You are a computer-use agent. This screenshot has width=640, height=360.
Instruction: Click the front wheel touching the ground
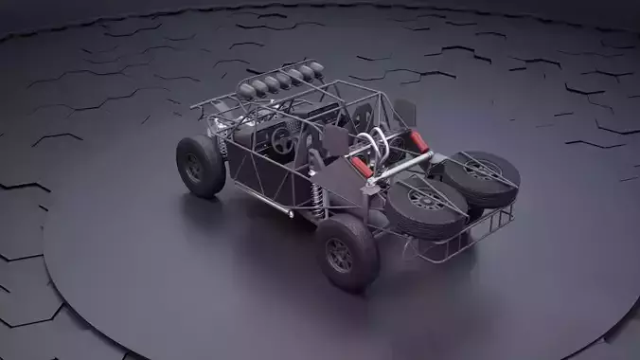(201, 166)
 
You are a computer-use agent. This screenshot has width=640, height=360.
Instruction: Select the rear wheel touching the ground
(347, 252)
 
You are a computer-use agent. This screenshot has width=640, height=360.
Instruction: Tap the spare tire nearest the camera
(428, 206)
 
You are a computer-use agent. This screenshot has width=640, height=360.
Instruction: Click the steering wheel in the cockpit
(282, 141)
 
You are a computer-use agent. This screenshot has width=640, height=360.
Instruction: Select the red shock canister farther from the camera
(418, 143)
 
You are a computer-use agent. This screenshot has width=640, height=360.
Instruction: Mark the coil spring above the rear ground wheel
(318, 199)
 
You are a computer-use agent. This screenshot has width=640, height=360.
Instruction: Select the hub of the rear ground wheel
(339, 254)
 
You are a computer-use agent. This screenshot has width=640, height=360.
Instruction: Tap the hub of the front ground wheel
(194, 168)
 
